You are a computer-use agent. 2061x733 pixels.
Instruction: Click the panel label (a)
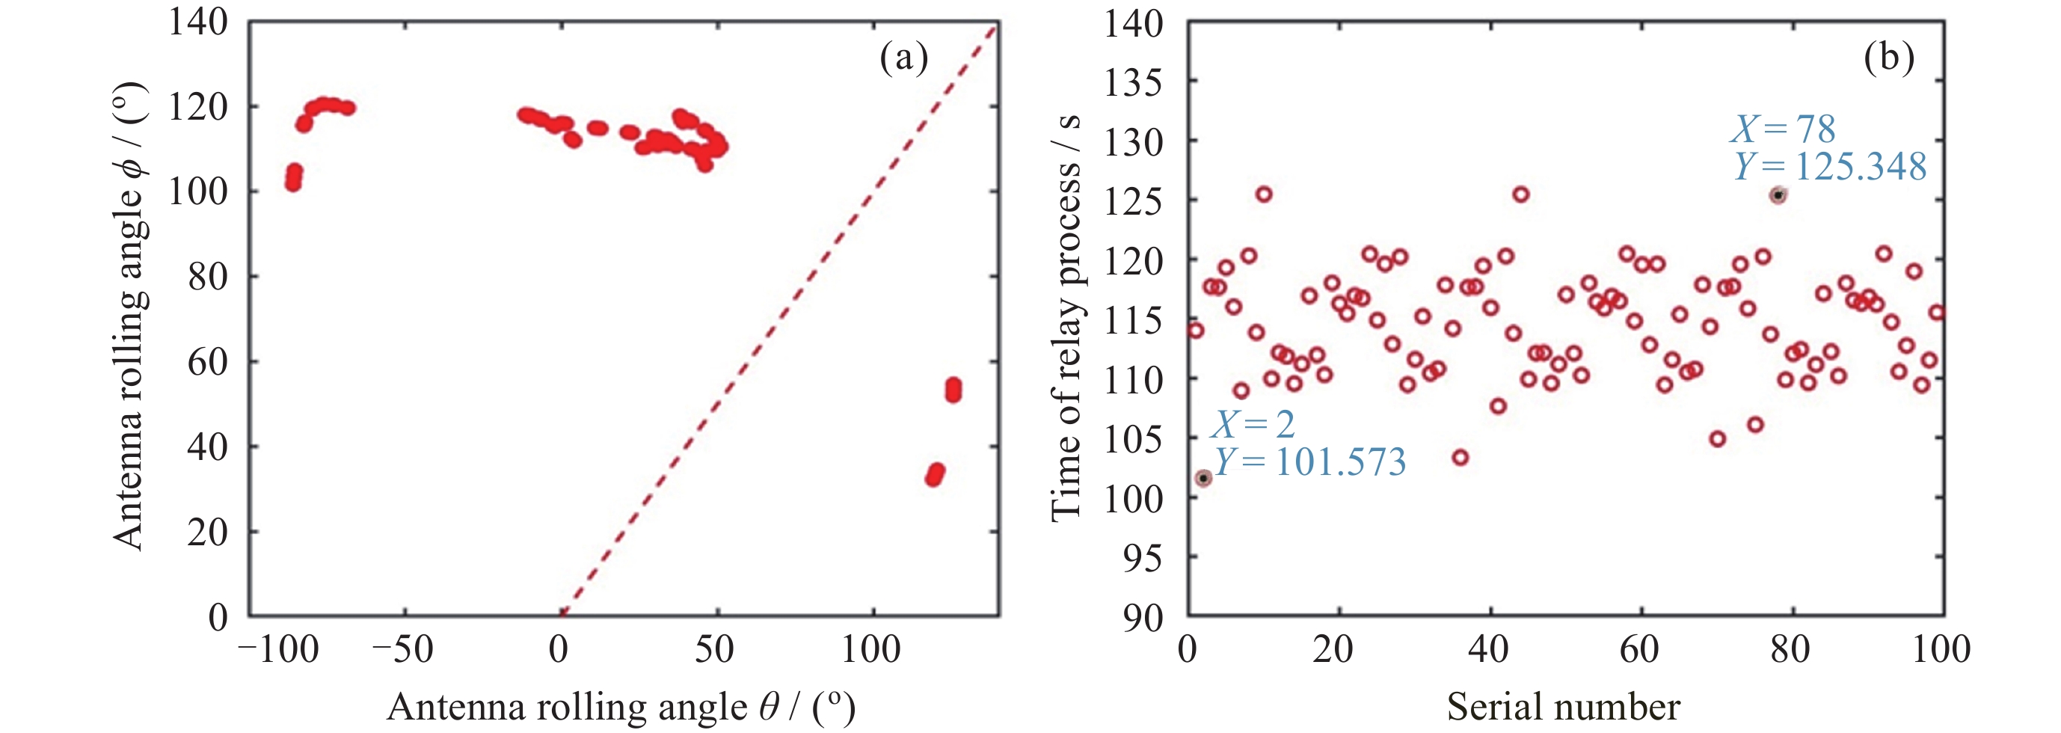coord(903,58)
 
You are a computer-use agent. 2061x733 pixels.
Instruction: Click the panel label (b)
coord(1889,58)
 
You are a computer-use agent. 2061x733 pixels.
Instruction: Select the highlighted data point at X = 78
coord(1778,195)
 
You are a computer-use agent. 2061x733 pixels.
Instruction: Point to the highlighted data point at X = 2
coord(1203,479)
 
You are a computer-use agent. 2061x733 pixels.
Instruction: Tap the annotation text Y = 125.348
coord(1831,168)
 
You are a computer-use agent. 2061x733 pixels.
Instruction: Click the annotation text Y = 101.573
coord(1310,462)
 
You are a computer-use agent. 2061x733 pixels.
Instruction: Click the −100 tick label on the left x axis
coord(278,649)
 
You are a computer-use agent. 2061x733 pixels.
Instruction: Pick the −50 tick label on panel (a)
coord(403,649)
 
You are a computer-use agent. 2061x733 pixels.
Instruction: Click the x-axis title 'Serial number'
coord(1564,707)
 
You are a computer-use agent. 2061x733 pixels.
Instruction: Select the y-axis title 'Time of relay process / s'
coord(1066,319)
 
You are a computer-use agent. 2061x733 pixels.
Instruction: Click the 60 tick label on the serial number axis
coord(1640,649)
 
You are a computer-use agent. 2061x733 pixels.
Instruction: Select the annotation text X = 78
coord(1784,129)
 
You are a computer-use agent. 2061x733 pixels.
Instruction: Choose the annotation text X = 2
coord(1253,424)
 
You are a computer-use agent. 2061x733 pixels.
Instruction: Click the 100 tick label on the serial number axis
coord(1941,649)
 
